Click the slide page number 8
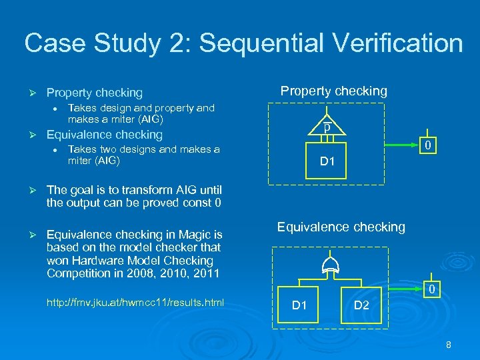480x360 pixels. point(449,345)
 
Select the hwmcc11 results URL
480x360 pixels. point(135,303)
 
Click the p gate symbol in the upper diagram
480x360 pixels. point(327,127)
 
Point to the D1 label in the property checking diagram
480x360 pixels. point(327,161)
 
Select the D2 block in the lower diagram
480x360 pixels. point(361,305)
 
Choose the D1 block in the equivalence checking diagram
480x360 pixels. point(300,305)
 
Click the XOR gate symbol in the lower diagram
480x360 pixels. point(329,267)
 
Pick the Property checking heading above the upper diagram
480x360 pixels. point(333,91)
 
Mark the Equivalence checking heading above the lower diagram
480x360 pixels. point(341,227)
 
